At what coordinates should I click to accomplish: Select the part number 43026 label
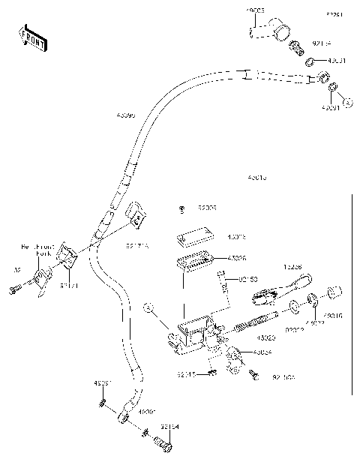click(236, 258)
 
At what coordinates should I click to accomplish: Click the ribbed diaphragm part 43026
click(194, 263)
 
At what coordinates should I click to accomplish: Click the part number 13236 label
click(292, 266)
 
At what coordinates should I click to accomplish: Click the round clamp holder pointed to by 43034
click(233, 354)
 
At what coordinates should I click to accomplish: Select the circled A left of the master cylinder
click(148, 307)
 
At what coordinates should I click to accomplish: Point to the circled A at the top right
click(346, 100)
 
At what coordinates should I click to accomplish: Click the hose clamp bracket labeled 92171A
click(135, 216)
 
